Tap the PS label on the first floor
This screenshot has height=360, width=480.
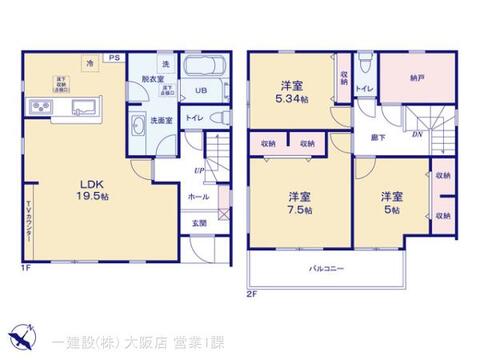click(x=113, y=59)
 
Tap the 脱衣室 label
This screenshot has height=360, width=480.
click(x=152, y=78)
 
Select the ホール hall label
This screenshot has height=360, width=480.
click(x=199, y=197)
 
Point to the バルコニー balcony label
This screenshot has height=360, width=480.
click(x=326, y=268)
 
